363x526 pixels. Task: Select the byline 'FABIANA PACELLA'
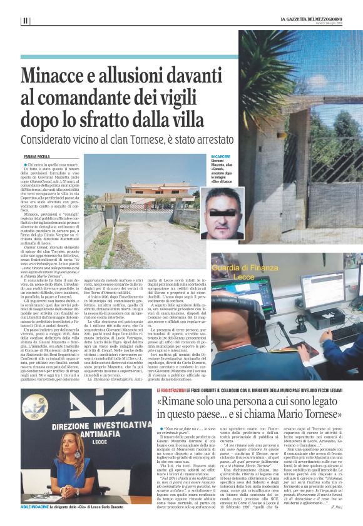click(37, 156)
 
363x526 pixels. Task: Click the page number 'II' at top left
click(24, 21)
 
